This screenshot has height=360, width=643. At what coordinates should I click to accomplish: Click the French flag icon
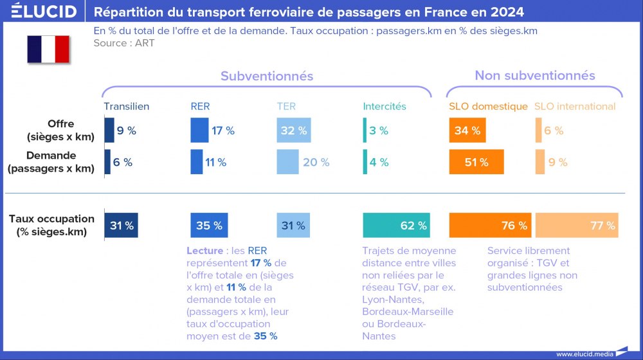[x=48, y=50]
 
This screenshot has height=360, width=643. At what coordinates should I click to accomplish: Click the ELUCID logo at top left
[x=44, y=11]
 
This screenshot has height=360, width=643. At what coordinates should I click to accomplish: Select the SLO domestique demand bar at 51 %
[x=476, y=162]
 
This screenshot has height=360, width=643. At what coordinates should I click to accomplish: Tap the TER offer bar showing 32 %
[x=294, y=130]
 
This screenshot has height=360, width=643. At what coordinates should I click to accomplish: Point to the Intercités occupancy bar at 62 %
[x=396, y=226]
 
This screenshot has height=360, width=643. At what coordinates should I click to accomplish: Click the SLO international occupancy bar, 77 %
[x=577, y=226]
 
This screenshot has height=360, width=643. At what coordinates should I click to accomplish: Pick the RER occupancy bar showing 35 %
[x=209, y=226]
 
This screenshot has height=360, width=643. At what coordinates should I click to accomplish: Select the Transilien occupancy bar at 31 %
[x=122, y=226]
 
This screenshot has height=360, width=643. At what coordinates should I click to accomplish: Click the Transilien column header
[x=126, y=107]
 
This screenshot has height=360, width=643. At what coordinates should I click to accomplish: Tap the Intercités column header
[x=385, y=107]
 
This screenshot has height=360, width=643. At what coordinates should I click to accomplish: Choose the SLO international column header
[x=575, y=107]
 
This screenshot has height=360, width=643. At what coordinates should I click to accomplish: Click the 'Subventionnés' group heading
[x=267, y=76]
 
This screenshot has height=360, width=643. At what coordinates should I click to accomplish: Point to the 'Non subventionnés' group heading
[x=535, y=76]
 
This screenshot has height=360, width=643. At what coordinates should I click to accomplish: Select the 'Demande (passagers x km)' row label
[x=51, y=162]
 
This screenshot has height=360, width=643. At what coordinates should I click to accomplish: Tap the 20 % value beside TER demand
[x=316, y=163]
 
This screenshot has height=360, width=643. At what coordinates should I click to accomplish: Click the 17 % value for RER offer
[x=223, y=130]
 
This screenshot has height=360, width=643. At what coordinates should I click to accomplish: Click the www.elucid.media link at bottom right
[x=584, y=354]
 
